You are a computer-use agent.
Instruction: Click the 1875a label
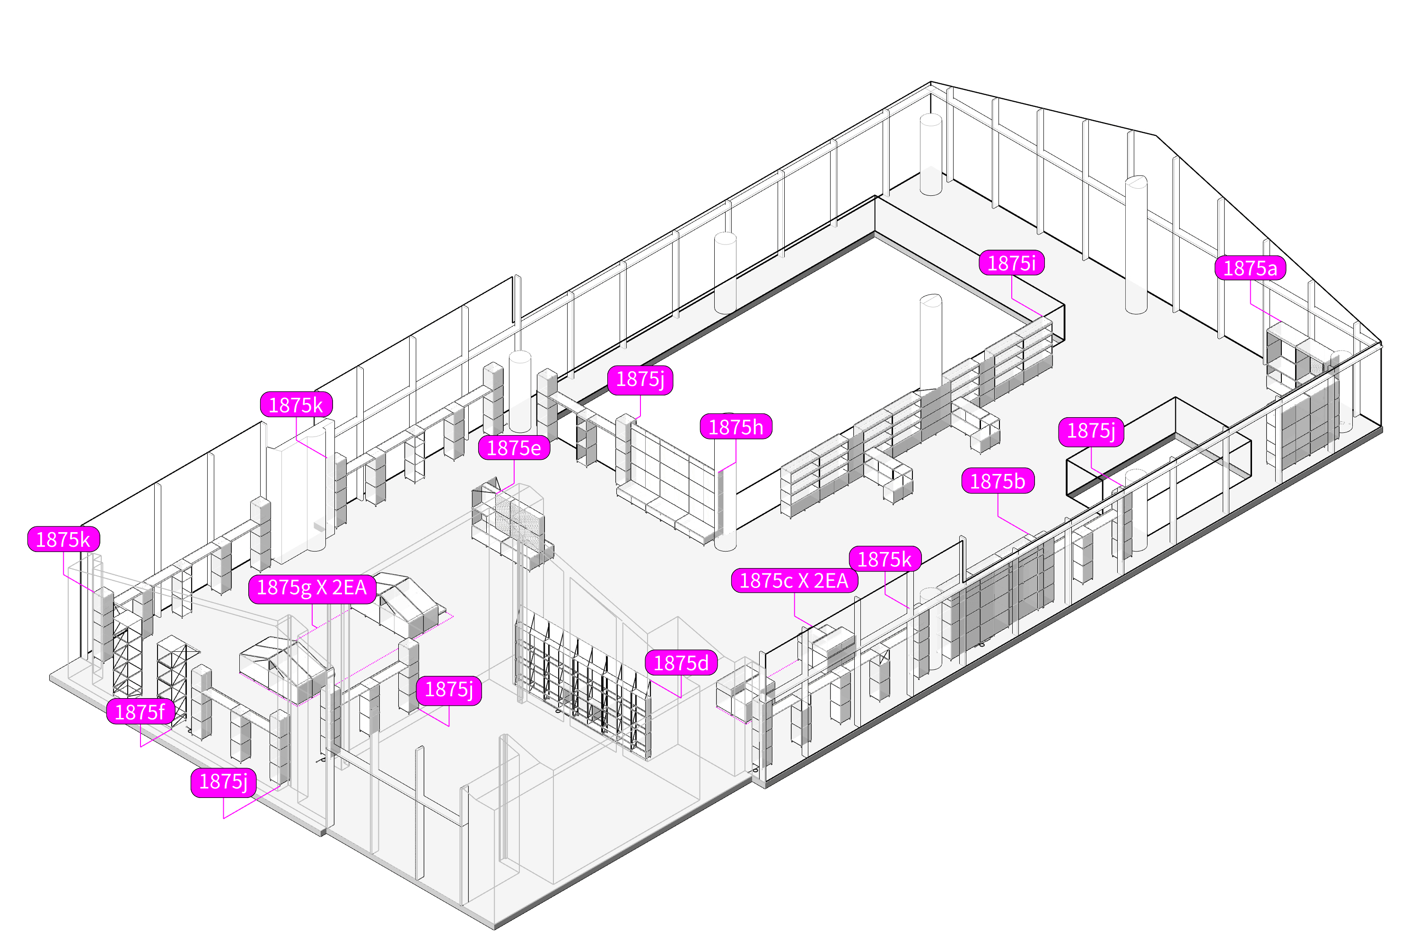1250,268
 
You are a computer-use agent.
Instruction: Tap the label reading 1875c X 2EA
794,580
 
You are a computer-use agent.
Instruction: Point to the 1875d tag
681,663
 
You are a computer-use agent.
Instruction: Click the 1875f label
140,712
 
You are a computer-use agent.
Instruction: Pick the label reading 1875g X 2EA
312,587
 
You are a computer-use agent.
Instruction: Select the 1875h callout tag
736,427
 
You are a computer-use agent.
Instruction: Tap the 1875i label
1011,263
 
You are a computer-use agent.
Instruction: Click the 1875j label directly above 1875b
1090,431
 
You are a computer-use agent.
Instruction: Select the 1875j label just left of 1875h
639,379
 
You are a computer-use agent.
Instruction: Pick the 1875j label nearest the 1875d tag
448,689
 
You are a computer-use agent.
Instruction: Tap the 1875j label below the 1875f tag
223,781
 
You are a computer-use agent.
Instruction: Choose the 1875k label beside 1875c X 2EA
885,559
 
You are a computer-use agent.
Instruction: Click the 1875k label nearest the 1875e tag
296,405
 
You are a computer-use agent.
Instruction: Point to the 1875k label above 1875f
63,539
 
